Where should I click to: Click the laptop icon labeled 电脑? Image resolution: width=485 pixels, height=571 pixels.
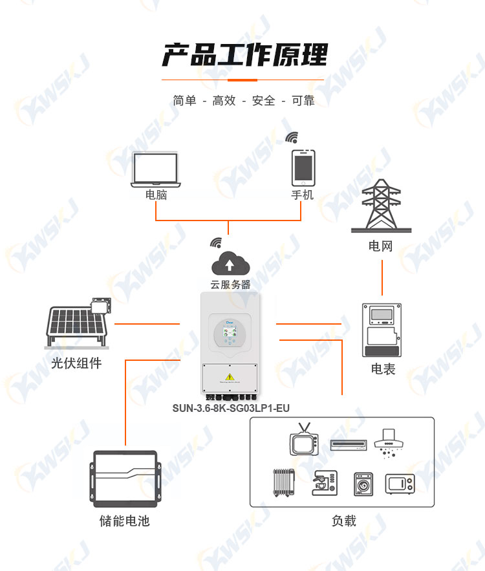[x=156, y=169]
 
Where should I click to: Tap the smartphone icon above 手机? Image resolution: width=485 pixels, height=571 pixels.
[x=303, y=168]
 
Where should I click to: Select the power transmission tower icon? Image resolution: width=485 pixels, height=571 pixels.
[x=382, y=206]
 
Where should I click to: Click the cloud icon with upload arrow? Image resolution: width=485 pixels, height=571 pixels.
[x=230, y=263]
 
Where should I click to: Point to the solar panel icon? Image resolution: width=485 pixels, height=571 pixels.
[x=78, y=322]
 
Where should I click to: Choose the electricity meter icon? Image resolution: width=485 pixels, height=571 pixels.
[x=382, y=330]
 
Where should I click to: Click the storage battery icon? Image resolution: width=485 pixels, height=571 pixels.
[x=125, y=479]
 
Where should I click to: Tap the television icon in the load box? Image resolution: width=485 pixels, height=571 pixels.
[x=305, y=439]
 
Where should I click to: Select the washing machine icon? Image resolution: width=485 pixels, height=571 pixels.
[x=363, y=484]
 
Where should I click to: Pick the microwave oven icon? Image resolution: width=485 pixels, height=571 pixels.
[x=400, y=484]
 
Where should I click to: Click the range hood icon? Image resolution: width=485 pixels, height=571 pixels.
[x=389, y=443]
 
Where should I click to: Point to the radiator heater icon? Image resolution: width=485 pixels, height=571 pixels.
[x=284, y=482]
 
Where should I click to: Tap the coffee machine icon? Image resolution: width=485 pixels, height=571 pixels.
[x=325, y=483]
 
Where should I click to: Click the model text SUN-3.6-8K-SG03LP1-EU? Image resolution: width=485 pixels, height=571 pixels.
[x=231, y=408]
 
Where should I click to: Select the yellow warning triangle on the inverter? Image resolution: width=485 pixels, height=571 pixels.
[x=230, y=376]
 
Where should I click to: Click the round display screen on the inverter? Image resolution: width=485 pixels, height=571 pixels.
[x=230, y=334]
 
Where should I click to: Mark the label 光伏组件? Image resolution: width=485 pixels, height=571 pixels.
[x=76, y=363]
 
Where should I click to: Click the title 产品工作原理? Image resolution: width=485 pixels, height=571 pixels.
[x=244, y=54]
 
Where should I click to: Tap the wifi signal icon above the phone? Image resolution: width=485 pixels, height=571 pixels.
[x=292, y=138]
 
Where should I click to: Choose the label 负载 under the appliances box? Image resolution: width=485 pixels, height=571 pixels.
[x=344, y=521]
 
